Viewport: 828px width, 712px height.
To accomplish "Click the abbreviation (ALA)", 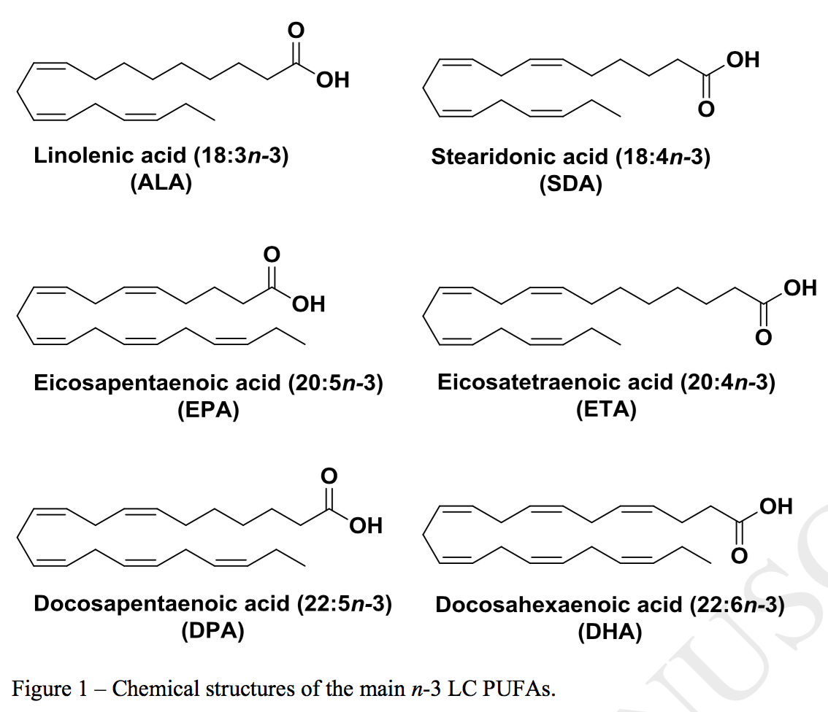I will click(161, 182).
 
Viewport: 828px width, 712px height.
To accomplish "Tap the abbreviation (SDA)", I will click(571, 184).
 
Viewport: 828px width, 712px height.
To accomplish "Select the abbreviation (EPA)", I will click(208, 410).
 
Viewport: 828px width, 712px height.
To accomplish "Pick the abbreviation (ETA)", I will click(605, 409).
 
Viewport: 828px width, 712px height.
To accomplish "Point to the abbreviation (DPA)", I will click(212, 631).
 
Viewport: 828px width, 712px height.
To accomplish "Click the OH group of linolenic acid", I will click(333, 80).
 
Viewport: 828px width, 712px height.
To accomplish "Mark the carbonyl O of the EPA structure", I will click(272, 255).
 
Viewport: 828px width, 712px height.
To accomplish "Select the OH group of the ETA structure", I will click(799, 287).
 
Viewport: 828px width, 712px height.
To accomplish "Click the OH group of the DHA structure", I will click(775, 506).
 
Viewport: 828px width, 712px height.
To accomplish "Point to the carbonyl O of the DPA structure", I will click(329, 476).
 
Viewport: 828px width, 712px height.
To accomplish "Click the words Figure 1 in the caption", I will click(45, 688).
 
